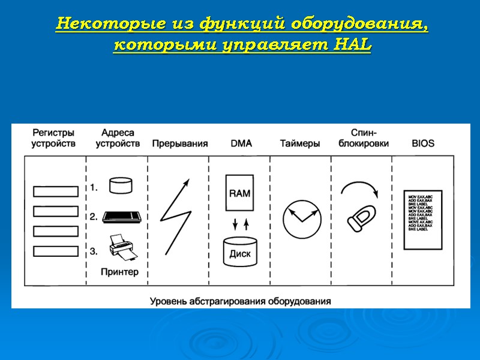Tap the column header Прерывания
(180, 144)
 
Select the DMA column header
(241, 144)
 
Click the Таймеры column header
(300, 144)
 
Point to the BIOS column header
(423, 144)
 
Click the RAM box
(240, 194)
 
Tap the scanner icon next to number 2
(122, 217)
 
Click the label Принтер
(120, 272)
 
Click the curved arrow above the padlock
(360, 188)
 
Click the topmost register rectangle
(55, 191)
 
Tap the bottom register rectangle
(55, 251)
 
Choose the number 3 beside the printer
(94, 251)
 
